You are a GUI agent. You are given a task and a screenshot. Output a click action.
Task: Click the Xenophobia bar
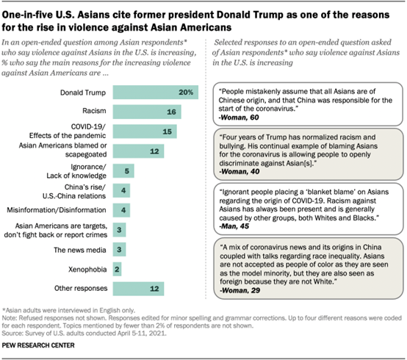point(118,269)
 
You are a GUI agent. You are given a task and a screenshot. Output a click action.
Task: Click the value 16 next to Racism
point(171,112)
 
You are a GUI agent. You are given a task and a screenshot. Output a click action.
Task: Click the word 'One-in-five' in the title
point(32,9)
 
